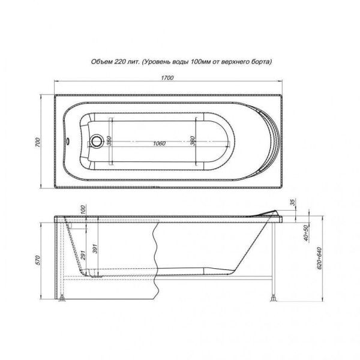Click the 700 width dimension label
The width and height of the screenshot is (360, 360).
pyautogui.click(x=37, y=142)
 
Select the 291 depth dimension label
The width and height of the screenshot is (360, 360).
pyautogui.click(x=83, y=255)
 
